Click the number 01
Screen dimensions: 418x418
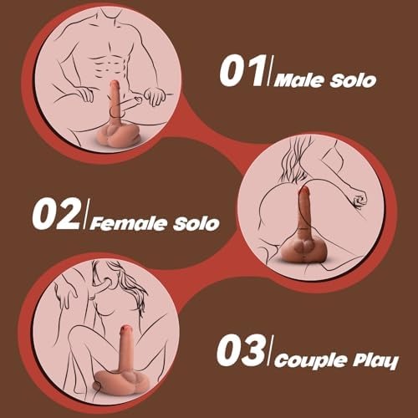[242, 71]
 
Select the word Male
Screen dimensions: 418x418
[300, 81]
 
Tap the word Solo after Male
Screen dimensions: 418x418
[354, 81]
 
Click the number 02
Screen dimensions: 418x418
[56, 214]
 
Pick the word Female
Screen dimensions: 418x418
[129, 224]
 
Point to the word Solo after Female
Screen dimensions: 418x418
[196, 224]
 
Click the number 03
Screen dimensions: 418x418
[240, 350]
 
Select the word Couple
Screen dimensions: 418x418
[310, 360]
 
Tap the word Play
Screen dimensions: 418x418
[375, 360]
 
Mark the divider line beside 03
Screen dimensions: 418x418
[269, 350]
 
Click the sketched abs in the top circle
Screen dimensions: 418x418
[110, 65]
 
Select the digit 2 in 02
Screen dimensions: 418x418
[69, 214]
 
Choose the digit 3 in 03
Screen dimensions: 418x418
[252, 351]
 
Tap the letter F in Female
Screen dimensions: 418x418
[96, 224]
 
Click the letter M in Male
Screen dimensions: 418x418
[283, 81]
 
